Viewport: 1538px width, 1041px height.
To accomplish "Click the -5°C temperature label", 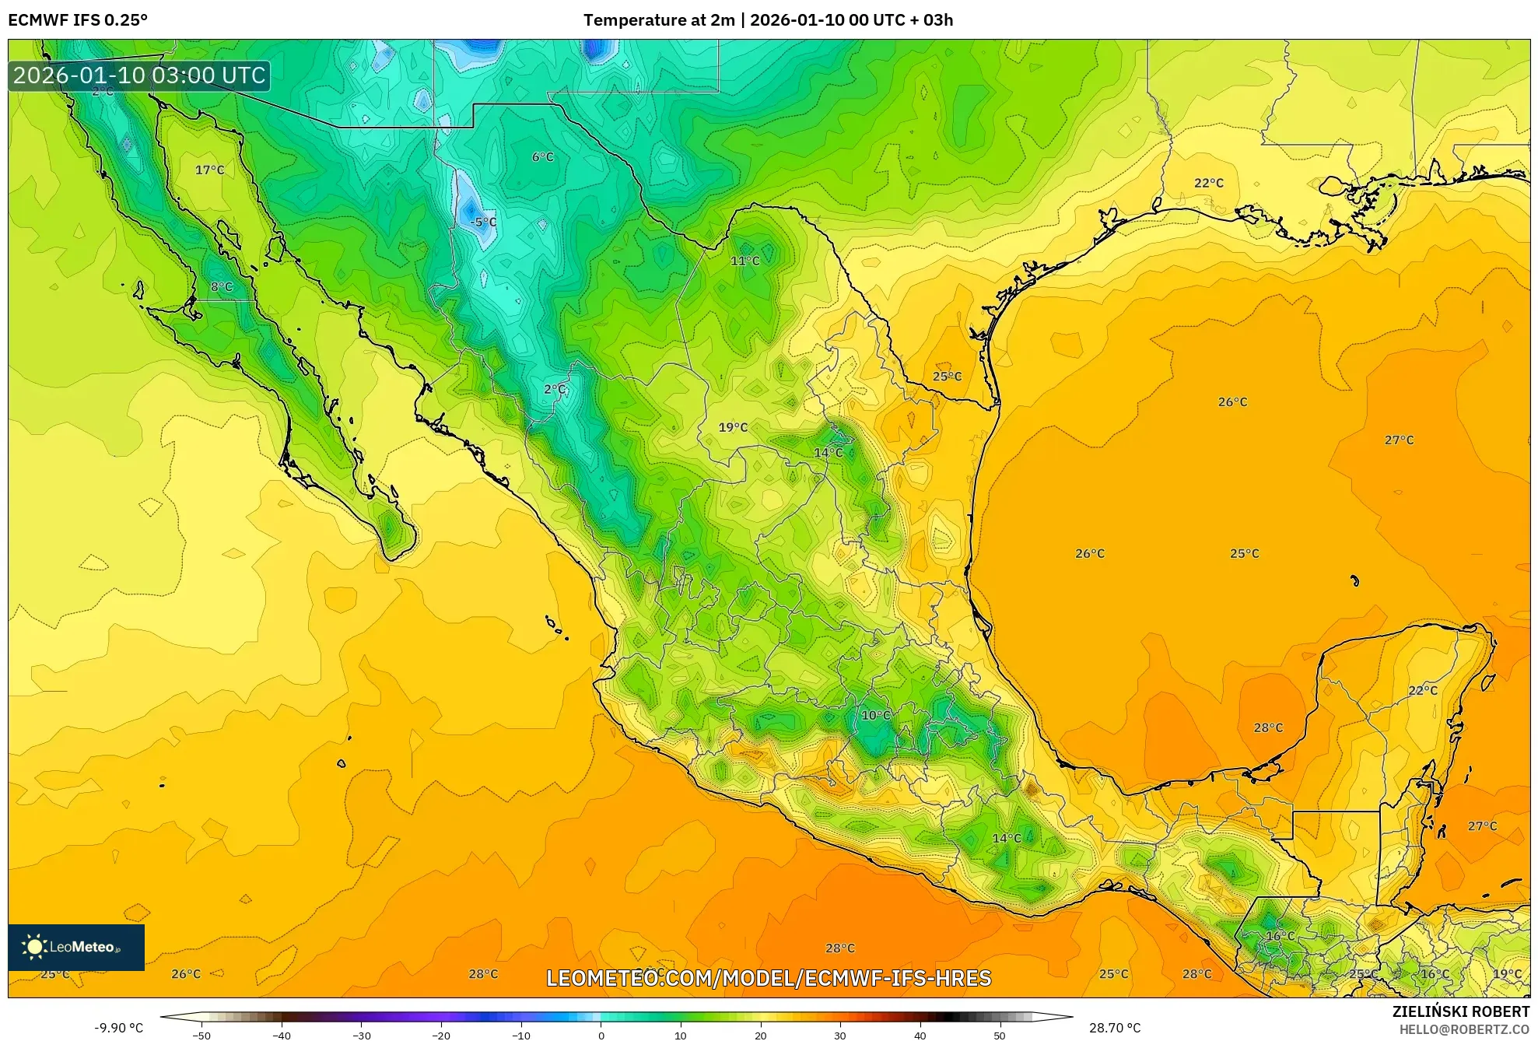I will point(483,223).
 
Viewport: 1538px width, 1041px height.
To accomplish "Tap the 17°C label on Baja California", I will point(209,170).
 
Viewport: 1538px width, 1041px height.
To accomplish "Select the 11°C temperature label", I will point(744,261).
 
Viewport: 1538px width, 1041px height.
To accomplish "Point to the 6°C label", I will point(542,157).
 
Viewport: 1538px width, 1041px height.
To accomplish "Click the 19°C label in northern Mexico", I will point(733,427).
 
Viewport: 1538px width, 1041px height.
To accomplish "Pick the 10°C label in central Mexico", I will point(875,715).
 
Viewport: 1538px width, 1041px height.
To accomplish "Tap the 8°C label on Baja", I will point(222,287).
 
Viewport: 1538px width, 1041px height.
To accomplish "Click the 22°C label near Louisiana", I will point(1208,183).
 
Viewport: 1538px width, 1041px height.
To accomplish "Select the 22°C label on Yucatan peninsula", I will point(1422,691).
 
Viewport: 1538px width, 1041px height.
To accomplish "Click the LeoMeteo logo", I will point(75,947).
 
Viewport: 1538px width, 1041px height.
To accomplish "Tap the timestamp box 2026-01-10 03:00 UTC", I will point(139,75).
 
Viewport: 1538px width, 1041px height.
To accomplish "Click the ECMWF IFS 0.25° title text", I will point(78,19).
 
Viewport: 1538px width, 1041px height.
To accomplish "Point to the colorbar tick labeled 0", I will point(601,1035).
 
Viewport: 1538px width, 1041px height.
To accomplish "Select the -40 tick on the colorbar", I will point(282,1035).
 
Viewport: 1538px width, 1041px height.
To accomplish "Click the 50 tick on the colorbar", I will point(999,1035).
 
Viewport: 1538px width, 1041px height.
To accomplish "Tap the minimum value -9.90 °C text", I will point(118,1028).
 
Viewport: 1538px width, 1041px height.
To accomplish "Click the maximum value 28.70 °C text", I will point(1114,1028).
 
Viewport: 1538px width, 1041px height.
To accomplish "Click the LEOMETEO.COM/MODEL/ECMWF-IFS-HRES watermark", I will point(769,978).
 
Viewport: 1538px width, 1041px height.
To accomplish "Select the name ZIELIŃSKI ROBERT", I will point(1460,1011).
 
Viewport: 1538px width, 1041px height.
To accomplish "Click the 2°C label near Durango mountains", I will point(555,389).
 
